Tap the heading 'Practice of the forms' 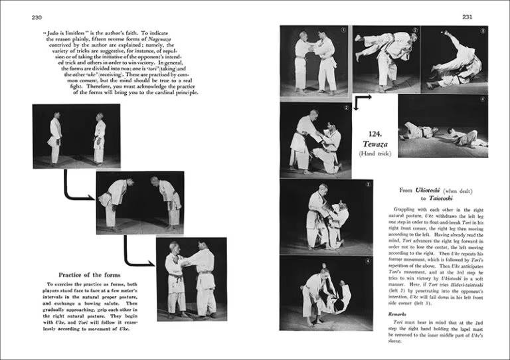[88, 275]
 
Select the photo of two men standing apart [76, 135]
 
